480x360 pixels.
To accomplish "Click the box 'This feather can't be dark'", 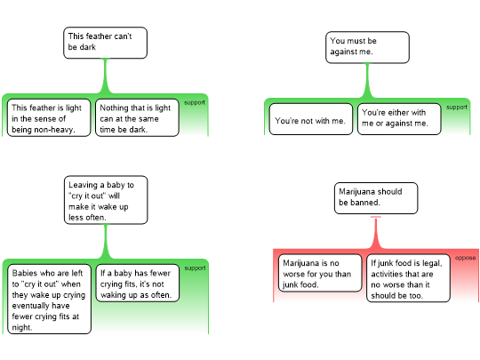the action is (x=105, y=43).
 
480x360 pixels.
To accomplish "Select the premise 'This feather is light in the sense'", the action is (x=49, y=117).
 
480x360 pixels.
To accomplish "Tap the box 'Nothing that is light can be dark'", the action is (x=137, y=117).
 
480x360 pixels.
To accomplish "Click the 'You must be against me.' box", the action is (x=367, y=47).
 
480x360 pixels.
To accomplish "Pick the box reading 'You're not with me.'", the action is (x=311, y=119).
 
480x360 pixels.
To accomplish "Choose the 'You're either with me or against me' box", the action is (x=399, y=119).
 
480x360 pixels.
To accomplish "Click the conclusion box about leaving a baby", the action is (x=106, y=200).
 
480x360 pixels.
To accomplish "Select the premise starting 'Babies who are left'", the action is (x=49, y=299).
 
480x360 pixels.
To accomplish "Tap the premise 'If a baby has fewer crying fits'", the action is (x=138, y=284).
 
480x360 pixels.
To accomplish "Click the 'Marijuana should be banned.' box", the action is (x=376, y=198).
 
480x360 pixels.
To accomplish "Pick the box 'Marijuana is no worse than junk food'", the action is (x=320, y=273).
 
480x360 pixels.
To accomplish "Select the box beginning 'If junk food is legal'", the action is (x=408, y=278).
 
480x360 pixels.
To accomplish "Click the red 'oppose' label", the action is (x=465, y=258).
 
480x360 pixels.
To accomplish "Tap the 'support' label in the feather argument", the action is (x=195, y=102).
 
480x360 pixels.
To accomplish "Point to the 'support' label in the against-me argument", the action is (x=457, y=108).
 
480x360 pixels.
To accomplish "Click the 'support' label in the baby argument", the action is (x=195, y=268).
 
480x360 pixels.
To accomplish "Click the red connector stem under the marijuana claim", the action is (x=376, y=233).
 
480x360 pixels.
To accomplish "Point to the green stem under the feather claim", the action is (x=105, y=76).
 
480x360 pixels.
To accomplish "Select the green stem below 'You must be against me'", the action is (x=367, y=81).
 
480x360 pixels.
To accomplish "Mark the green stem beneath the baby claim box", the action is (x=106, y=242).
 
